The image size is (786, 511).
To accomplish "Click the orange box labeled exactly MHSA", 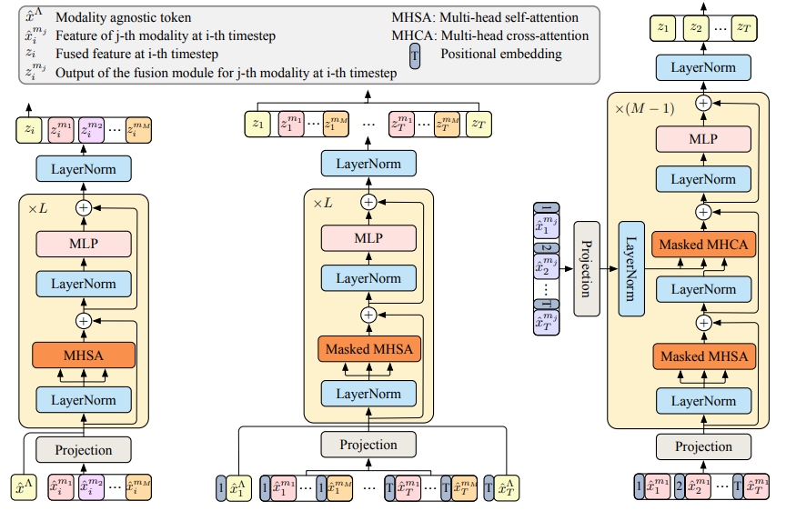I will [x=84, y=356].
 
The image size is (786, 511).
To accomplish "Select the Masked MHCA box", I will [x=702, y=245].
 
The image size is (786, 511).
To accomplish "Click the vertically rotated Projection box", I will [x=587, y=268].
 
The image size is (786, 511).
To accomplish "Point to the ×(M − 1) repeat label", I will [x=645, y=109].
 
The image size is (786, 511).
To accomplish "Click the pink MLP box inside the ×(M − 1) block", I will [x=702, y=138].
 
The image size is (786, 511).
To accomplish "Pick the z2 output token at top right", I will [x=699, y=29].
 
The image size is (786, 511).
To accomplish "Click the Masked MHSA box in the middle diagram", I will [x=368, y=349].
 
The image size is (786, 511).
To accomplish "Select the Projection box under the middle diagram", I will [x=368, y=445].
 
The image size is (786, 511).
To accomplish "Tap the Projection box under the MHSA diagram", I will [x=84, y=449].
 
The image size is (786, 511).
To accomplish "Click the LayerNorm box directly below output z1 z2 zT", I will [x=702, y=67].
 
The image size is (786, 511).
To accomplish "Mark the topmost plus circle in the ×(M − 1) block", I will [x=702, y=103].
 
